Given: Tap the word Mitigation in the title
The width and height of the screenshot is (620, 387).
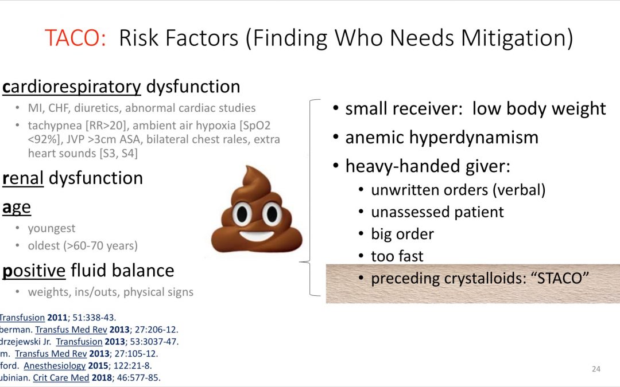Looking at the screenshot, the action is (x=517, y=39).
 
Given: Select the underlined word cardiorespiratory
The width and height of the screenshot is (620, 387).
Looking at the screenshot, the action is (x=72, y=87).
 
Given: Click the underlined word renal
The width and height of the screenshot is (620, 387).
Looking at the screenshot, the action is (x=23, y=178).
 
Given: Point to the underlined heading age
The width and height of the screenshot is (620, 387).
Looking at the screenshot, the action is (x=16, y=208).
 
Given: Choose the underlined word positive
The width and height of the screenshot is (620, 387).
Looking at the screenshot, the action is (x=34, y=271).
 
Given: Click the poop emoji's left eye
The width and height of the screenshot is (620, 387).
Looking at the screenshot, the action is (x=242, y=214).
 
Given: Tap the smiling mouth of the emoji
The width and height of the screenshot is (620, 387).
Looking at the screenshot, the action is (x=257, y=236).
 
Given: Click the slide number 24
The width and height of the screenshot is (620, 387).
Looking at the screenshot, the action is (x=596, y=369).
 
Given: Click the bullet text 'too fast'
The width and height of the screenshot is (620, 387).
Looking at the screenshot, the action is (x=397, y=256).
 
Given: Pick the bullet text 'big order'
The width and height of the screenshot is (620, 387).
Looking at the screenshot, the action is (x=402, y=234).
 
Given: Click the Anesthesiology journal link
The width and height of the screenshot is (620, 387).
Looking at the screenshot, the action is (x=55, y=366).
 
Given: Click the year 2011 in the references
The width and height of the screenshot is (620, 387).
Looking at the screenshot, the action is (x=57, y=318).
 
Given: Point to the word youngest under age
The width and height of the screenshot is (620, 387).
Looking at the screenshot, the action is (x=52, y=229).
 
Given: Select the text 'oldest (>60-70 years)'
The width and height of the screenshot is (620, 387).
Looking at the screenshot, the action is (x=83, y=245).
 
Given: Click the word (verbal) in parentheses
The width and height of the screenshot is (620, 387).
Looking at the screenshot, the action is (x=519, y=190).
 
